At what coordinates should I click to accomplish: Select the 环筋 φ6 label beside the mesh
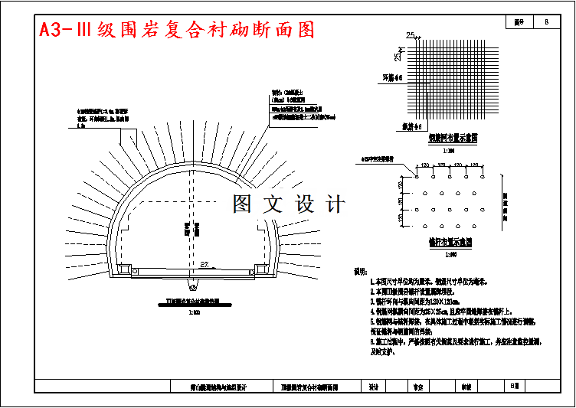click(392, 77)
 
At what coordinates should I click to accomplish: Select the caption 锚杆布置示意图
click(450, 242)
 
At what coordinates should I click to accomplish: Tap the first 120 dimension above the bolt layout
click(424, 165)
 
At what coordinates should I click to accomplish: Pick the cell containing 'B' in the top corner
click(546, 23)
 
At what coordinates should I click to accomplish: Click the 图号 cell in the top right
click(519, 23)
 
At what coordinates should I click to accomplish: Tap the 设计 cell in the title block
click(375, 387)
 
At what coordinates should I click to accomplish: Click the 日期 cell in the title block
click(515, 386)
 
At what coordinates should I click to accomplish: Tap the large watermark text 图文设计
click(289, 204)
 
